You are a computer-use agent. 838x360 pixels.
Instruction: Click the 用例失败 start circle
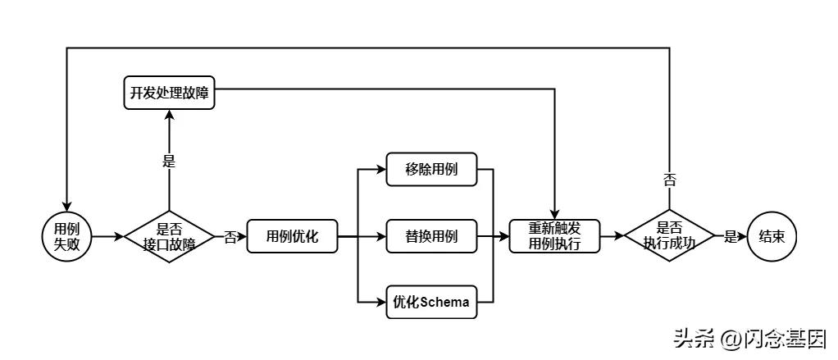pos(66,237)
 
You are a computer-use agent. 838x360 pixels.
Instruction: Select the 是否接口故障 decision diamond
pos(169,237)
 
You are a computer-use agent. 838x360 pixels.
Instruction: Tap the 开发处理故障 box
pos(169,93)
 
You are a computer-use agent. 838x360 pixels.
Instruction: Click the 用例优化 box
pos(292,237)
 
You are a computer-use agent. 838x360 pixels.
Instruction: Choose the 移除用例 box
pos(431,171)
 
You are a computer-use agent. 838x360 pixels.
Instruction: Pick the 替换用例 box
pos(431,237)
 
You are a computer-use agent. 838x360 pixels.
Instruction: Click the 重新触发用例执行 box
pos(554,237)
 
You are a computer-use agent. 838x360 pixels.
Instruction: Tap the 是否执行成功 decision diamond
pos(669,237)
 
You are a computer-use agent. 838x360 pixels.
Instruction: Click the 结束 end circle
pos(772,237)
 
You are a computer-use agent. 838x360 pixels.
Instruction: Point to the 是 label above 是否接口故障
pos(169,162)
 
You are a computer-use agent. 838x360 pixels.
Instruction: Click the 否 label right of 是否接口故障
pos(230,237)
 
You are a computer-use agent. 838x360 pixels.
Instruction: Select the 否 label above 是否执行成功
pos(669,180)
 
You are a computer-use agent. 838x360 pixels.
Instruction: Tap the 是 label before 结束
pos(730,237)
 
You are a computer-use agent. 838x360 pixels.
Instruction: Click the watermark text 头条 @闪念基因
pos(748,338)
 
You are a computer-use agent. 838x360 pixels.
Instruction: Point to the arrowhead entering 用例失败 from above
pos(66,207)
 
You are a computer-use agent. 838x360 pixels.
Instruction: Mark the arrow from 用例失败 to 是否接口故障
pos(108,237)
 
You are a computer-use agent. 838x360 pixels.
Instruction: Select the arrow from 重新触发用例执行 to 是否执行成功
pos(612,237)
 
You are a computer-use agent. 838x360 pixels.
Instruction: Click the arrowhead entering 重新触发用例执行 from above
pos(555,216)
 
